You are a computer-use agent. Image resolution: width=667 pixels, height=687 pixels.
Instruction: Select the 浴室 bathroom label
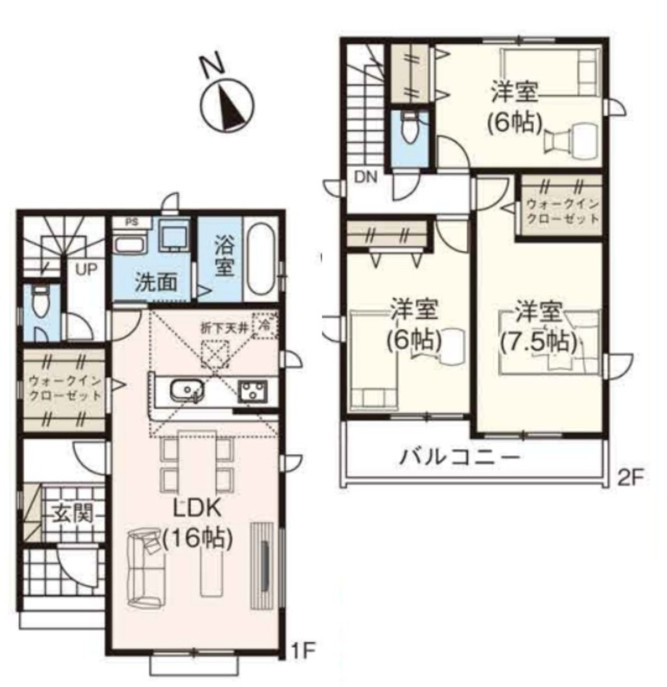[224, 257]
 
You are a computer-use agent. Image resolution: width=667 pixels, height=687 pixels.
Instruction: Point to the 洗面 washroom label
[156, 282]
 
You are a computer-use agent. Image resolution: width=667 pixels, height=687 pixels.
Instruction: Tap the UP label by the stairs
[86, 270]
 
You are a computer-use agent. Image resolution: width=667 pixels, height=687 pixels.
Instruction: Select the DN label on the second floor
[365, 177]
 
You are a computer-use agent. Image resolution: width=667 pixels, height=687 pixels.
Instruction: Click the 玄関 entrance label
[72, 514]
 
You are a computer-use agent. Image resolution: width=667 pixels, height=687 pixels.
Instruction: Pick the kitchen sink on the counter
[187, 390]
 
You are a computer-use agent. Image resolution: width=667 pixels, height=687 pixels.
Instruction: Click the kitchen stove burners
[253, 391]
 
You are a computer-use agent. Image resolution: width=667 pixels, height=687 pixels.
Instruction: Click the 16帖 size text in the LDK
[197, 538]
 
